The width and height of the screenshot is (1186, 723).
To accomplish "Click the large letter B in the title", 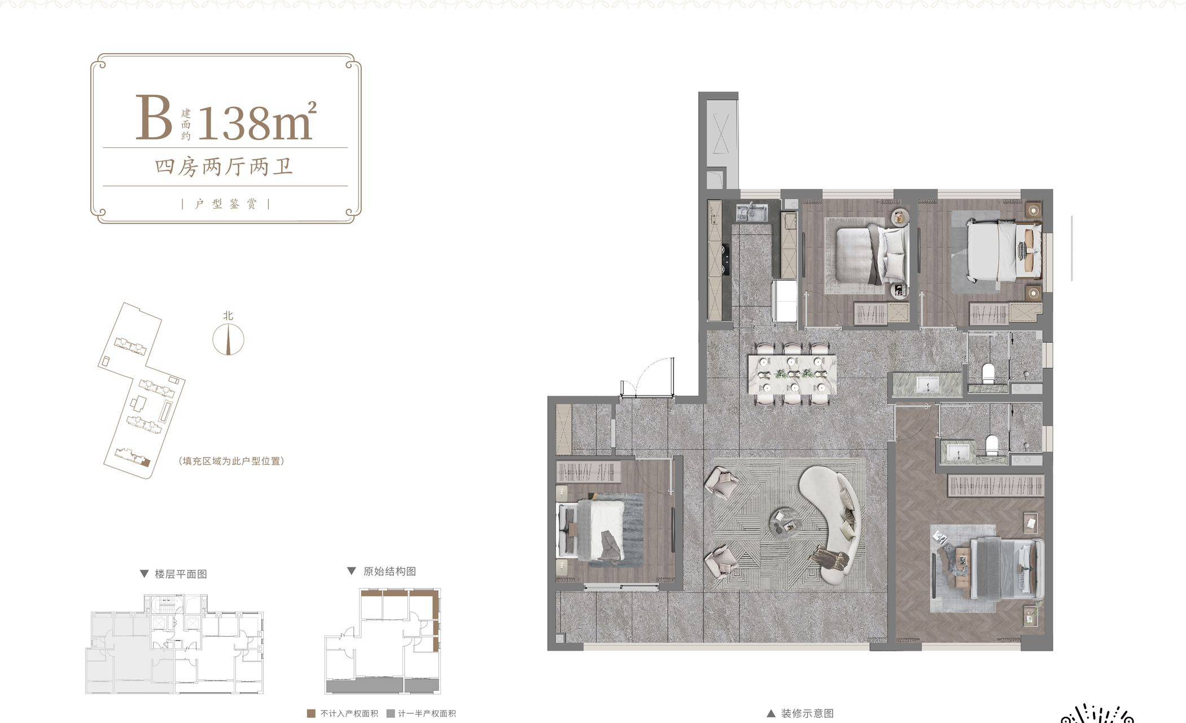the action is point(154,117).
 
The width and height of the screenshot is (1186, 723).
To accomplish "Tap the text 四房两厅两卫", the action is point(224,167).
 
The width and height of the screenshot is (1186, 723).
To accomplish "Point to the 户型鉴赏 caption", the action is point(225,204).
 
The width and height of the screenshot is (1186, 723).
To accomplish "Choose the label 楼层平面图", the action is point(181,574).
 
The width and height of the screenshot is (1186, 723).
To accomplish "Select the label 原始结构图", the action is point(390,571).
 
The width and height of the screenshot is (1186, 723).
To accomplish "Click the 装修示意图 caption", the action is point(807,713).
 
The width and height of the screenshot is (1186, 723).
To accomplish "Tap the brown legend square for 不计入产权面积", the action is point(310,713).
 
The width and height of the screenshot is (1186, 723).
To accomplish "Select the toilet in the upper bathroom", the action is point(988,373).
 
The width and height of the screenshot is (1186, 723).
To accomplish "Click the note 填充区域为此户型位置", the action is point(230,461).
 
